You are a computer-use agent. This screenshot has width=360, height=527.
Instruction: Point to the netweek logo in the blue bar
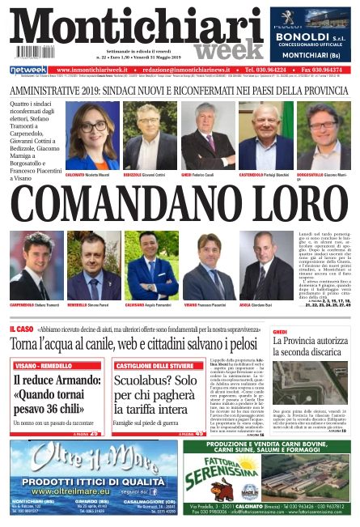(28, 70)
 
